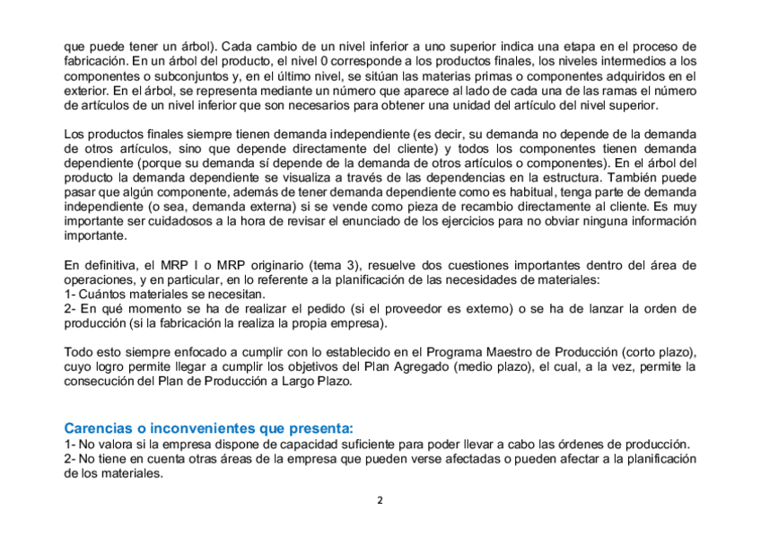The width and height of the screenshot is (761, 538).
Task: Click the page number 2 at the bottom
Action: pos(380,501)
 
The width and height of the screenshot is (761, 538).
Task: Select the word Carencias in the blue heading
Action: pos(95,428)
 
